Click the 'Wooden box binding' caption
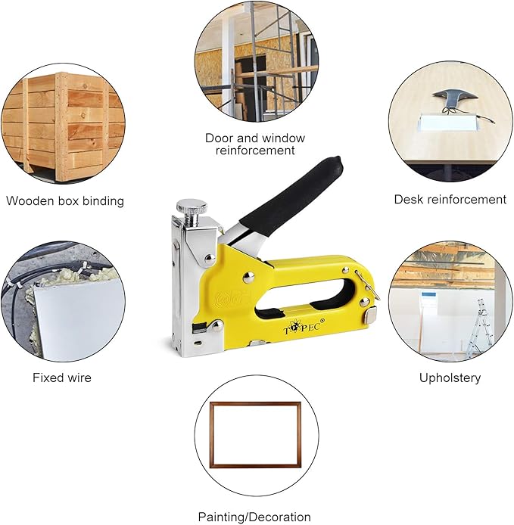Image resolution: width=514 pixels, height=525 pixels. (64, 201)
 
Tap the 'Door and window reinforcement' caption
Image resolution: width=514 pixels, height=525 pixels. (255, 144)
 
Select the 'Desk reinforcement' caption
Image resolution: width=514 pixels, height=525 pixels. (450, 200)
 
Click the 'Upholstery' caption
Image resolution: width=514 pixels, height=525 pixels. (450, 377)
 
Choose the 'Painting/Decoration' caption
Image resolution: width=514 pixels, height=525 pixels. (255, 517)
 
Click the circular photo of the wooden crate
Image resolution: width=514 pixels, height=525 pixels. (64, 124)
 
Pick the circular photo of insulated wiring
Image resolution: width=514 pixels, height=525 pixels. (64, 301)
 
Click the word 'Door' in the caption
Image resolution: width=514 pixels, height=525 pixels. (220, 138)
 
